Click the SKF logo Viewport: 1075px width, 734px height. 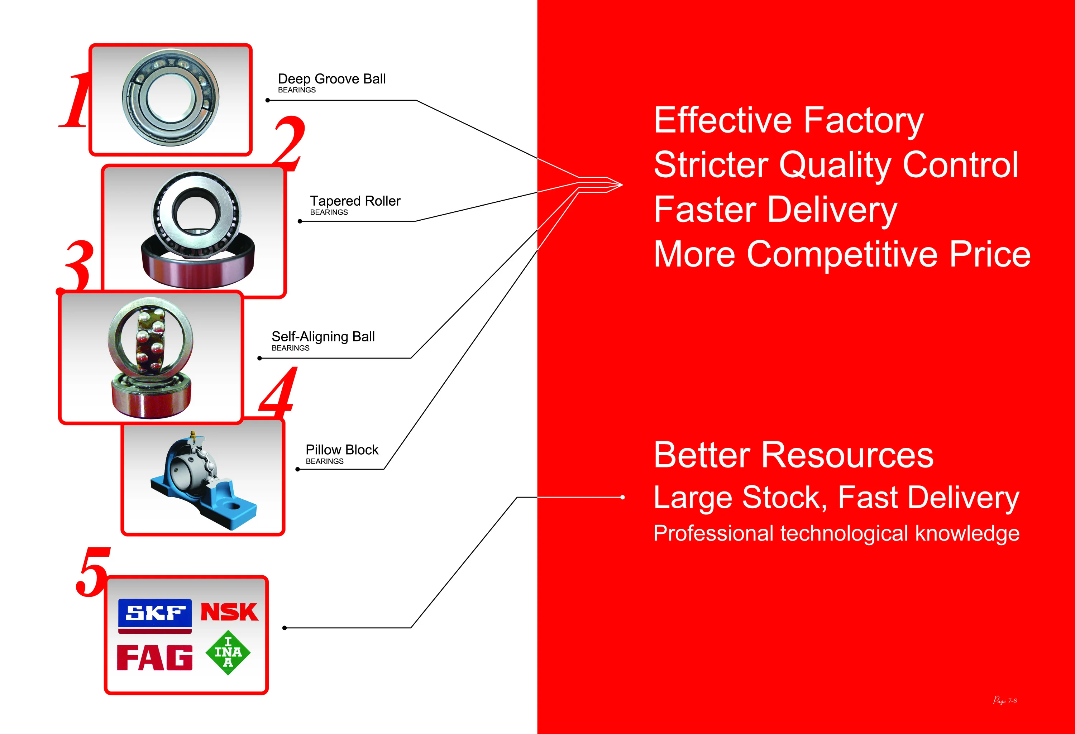[155, 615]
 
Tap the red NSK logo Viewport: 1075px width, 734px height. [229, 612]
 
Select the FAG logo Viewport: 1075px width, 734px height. [154, 657]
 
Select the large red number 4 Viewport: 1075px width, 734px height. [278, 391]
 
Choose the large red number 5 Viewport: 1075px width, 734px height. [94, 571]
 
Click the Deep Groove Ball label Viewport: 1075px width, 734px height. [332, 82]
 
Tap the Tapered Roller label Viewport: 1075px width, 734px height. [355, 205]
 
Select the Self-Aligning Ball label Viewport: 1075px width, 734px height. [323, 340]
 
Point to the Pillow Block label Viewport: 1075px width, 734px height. [342, 454]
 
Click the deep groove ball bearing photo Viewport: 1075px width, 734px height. [171, 97]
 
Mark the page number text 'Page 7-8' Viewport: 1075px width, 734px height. [1005, 701]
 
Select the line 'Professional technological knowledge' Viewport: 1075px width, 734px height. [836, 534]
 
